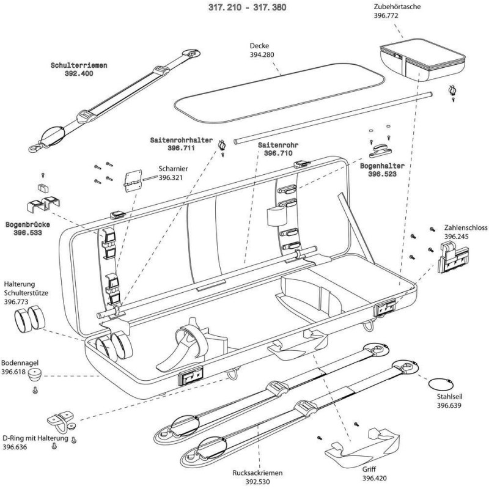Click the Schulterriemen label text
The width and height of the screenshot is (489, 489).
coord(79,64)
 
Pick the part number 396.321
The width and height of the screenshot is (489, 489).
coord(172,178)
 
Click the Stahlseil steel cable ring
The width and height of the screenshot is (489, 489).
coord(437,384)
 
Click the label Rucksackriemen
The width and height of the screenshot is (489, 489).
coord(258,472)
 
